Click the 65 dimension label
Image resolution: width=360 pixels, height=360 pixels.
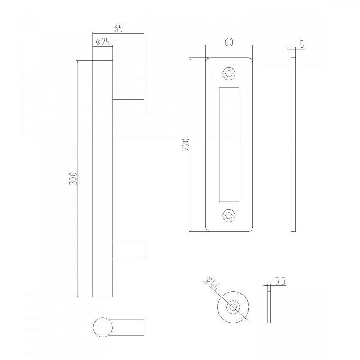(x=118, y=28)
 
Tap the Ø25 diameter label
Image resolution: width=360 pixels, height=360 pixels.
(x=102, y=42)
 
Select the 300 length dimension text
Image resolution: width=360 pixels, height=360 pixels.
(x=73, y=179)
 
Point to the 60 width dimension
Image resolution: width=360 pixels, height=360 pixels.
(x=229, y=43)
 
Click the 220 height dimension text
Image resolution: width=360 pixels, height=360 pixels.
(x=186, y=144)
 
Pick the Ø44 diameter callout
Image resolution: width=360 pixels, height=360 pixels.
(x=213, y=284)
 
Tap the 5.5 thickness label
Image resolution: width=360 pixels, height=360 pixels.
(x=280, y=281)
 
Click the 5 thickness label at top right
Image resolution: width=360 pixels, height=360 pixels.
(x=302, y=44)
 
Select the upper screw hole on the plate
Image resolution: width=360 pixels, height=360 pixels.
(x=229, y=74)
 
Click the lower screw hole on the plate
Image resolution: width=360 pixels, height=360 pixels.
(x=229, y=216)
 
